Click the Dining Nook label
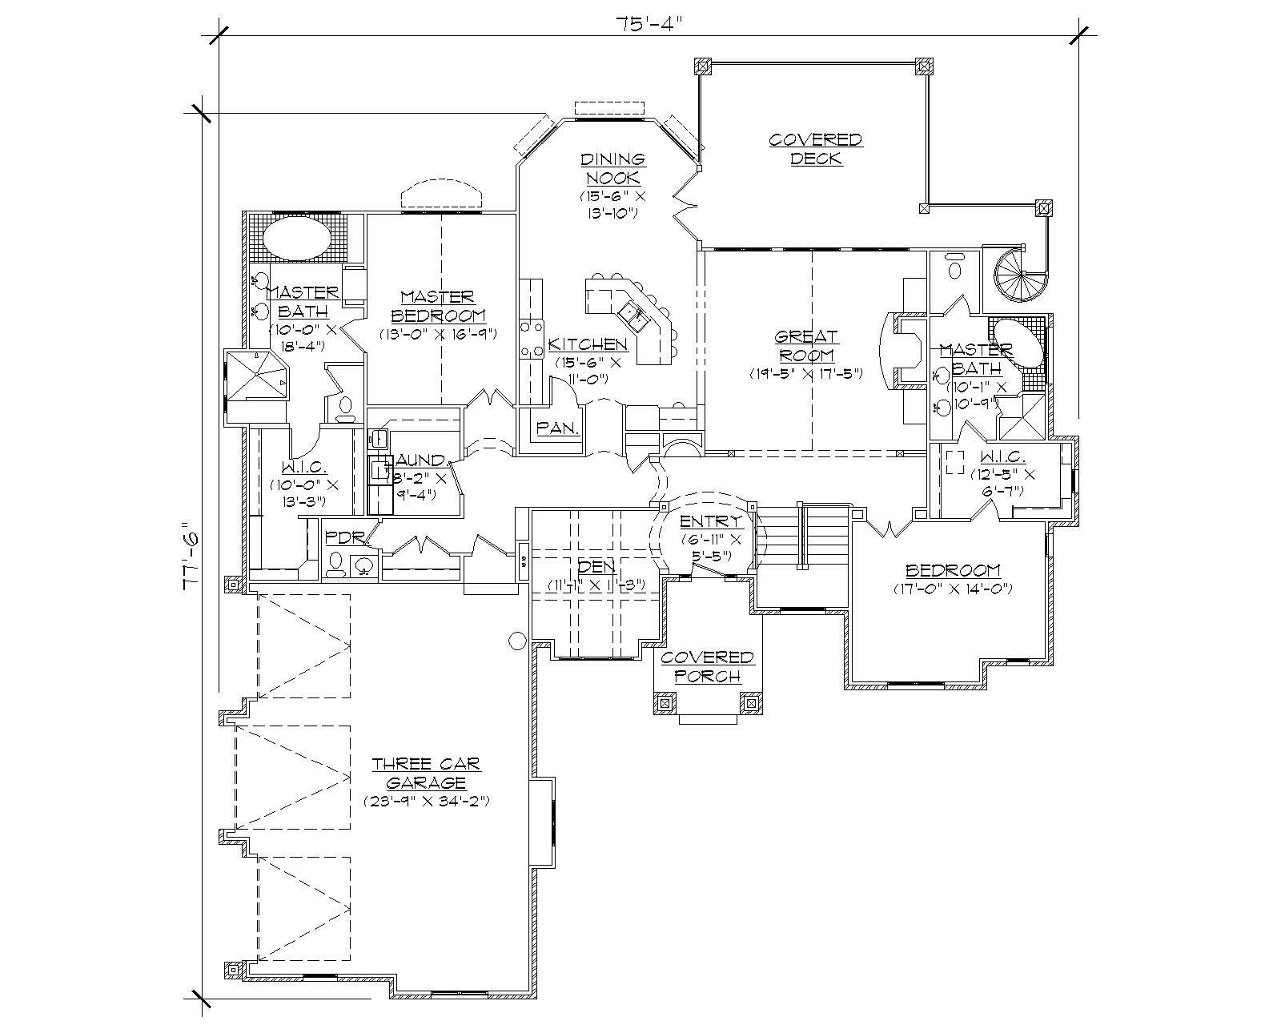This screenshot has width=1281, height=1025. (612, 168)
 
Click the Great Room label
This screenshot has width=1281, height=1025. (807, 345)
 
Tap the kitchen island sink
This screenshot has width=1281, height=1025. (638, 315)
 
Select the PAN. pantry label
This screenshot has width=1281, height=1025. (558, 428)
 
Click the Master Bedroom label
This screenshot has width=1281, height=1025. (438, 305)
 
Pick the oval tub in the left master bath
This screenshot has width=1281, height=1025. (296, 239)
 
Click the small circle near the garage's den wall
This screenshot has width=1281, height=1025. (517, 639)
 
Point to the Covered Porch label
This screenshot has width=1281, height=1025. (707, 666)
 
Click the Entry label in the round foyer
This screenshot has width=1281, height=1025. (705, 522)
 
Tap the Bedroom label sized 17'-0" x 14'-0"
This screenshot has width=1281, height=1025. (953, 570)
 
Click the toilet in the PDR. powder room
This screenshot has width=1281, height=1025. (335, 562)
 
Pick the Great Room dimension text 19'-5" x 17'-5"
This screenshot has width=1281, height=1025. (807, 374)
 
